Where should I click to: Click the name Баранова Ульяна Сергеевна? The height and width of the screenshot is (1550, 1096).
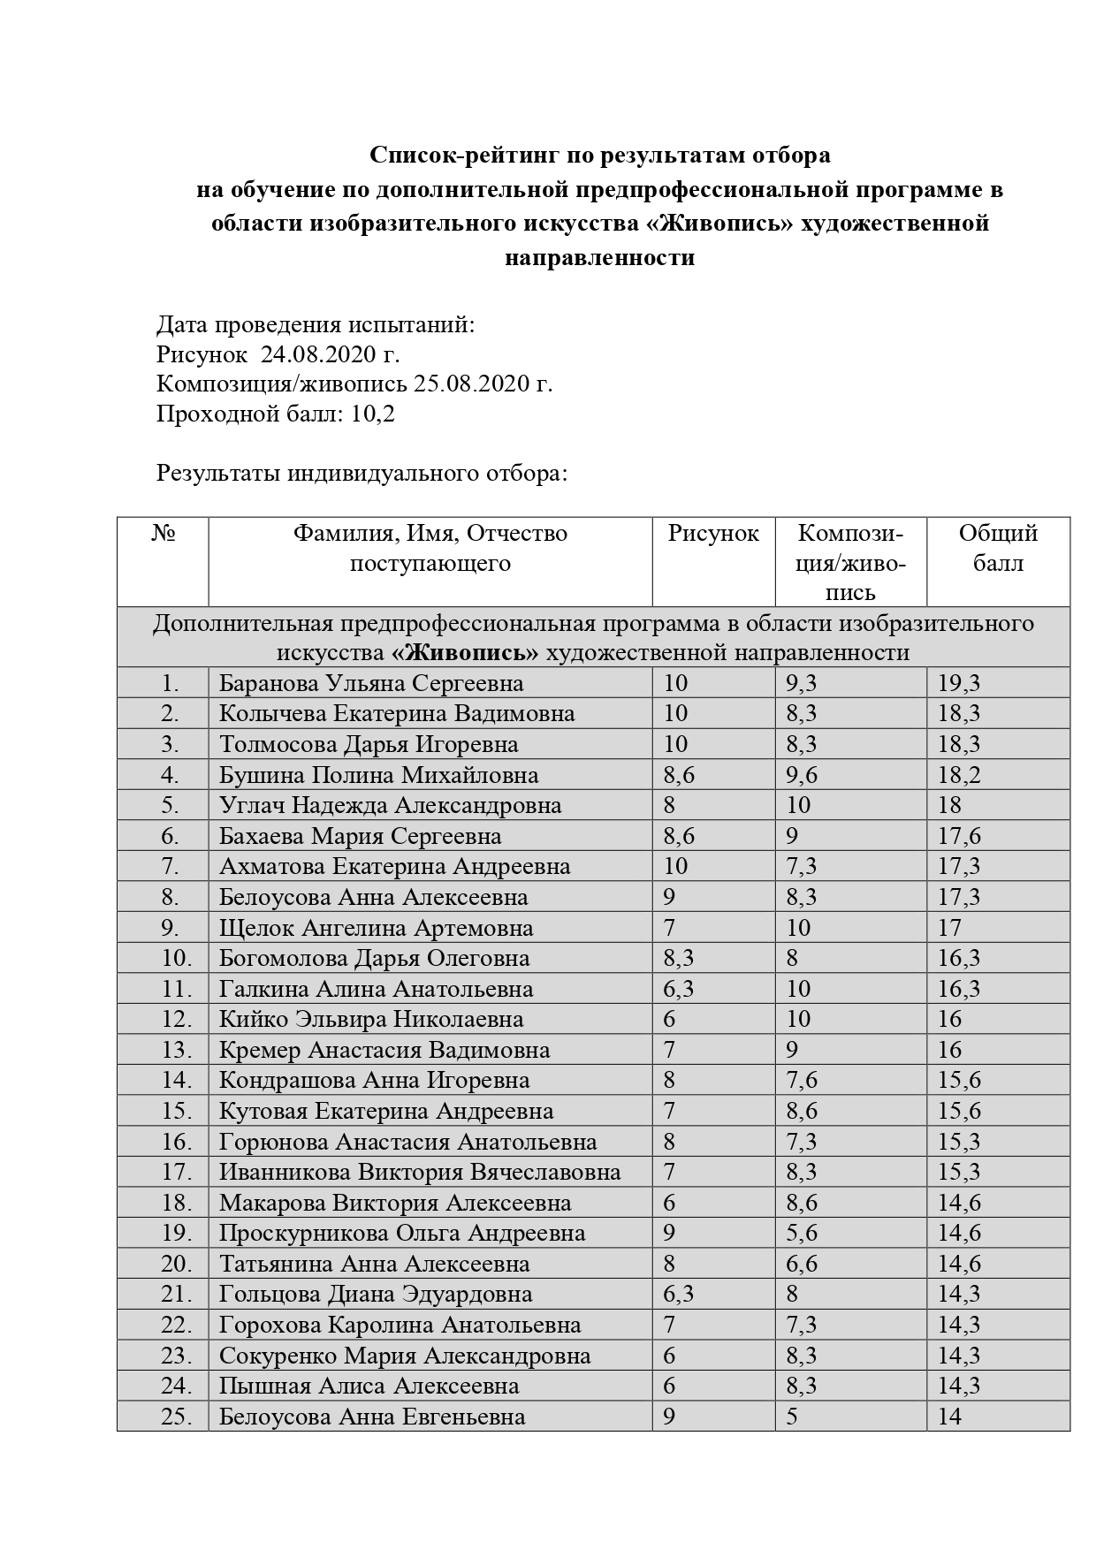(x=371, y=683)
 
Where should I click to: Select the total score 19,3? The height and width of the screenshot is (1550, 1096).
(x=959, y=683)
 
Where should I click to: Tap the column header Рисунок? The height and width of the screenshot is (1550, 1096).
(x=713, y=534)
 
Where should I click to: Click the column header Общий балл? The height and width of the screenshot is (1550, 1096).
(x=998, y=548)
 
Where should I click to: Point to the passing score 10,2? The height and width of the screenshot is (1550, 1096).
(x=373, y=414)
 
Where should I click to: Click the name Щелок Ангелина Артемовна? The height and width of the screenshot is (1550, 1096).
(x=376, y=928)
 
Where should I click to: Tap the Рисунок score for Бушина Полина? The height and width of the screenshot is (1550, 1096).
(x=679, y=775)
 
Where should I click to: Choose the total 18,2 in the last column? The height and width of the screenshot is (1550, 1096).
(x=959, y=775)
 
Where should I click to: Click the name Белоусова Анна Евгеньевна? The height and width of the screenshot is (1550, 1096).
(x=372, y=1417)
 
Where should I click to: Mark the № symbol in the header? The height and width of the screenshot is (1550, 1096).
(x=163, y=534)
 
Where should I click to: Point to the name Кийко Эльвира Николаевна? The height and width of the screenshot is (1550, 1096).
(x=371, y=1019)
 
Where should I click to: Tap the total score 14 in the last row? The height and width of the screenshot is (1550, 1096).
(x=949, y=1417)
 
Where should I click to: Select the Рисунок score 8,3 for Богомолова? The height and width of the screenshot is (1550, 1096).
(x=678, y=958)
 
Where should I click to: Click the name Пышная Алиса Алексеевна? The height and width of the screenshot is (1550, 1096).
(x=369, y=1386)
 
